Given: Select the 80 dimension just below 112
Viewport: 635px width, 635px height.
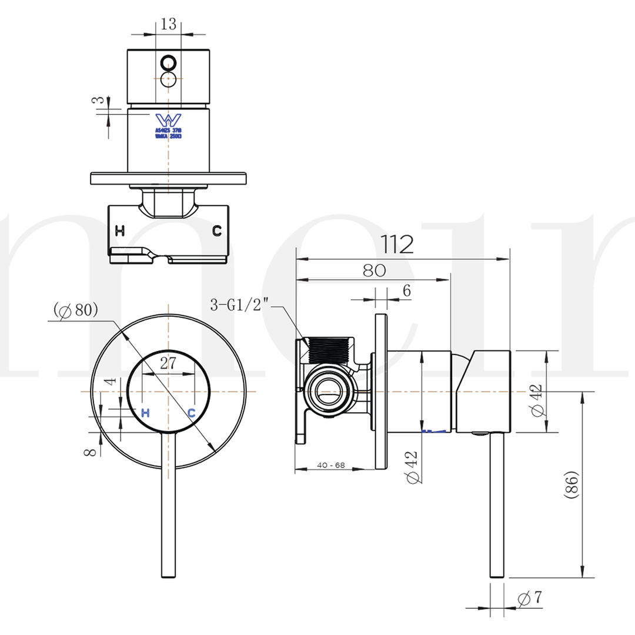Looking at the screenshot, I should click(x=374, y=270).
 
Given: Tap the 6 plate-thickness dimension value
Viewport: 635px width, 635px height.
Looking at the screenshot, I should click(x=407, y=290).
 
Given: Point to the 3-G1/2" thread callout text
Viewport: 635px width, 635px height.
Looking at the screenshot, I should click(x=239, y=305).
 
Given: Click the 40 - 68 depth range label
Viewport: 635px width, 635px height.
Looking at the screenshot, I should click(x=331, y=465).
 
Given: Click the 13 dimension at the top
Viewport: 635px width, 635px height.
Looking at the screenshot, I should click(x=168, y=24).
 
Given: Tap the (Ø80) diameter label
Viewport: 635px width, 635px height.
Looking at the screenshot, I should click(x=75, y=310).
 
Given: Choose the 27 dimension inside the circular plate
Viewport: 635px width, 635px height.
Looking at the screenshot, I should click(x=168, y=363).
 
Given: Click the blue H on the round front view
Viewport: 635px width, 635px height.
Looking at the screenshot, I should click(x=146, y=413).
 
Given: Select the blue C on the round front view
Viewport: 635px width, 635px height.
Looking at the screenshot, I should click(x=192, y=413).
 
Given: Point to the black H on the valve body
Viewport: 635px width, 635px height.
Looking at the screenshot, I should click(x=120, y=231).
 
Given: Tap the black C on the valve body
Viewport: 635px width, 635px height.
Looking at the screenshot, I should click(x=217, y=231).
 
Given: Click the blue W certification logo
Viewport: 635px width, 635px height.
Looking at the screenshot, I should click(x=169, y=119).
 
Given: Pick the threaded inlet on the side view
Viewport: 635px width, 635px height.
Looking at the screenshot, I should click(x=328, y=349).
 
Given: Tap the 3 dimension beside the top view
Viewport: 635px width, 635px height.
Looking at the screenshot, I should click(x=101, y=101).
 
